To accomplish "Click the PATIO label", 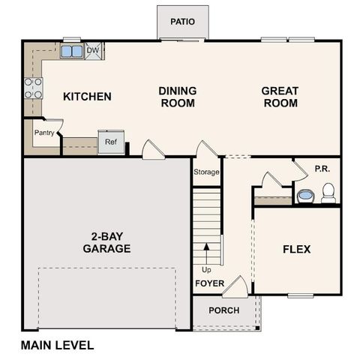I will (x=182, y=21).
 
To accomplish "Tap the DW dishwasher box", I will (x=93, y=51).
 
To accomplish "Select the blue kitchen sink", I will (x=72, y=52).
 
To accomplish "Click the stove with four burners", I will (x=33, y=88).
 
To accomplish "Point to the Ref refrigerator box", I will (x=110, y=142).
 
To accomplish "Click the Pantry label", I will (x=43, y=133).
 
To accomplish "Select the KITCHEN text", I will (x=87, y=97).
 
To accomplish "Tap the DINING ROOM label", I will (x=178, y=97).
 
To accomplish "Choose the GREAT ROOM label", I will (x=280, y=97).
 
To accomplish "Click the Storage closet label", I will (x=207, y=172).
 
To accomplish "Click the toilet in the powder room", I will (x=328, y=195).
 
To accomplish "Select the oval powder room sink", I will (x=305, y=196).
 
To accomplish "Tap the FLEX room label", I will (x=296, y=249).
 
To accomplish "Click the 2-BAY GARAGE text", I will (x=106, y=243).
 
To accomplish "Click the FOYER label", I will (x=210, y=283).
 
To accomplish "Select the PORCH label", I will (x=223, y=310).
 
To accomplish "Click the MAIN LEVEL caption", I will (x=58, y=346).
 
